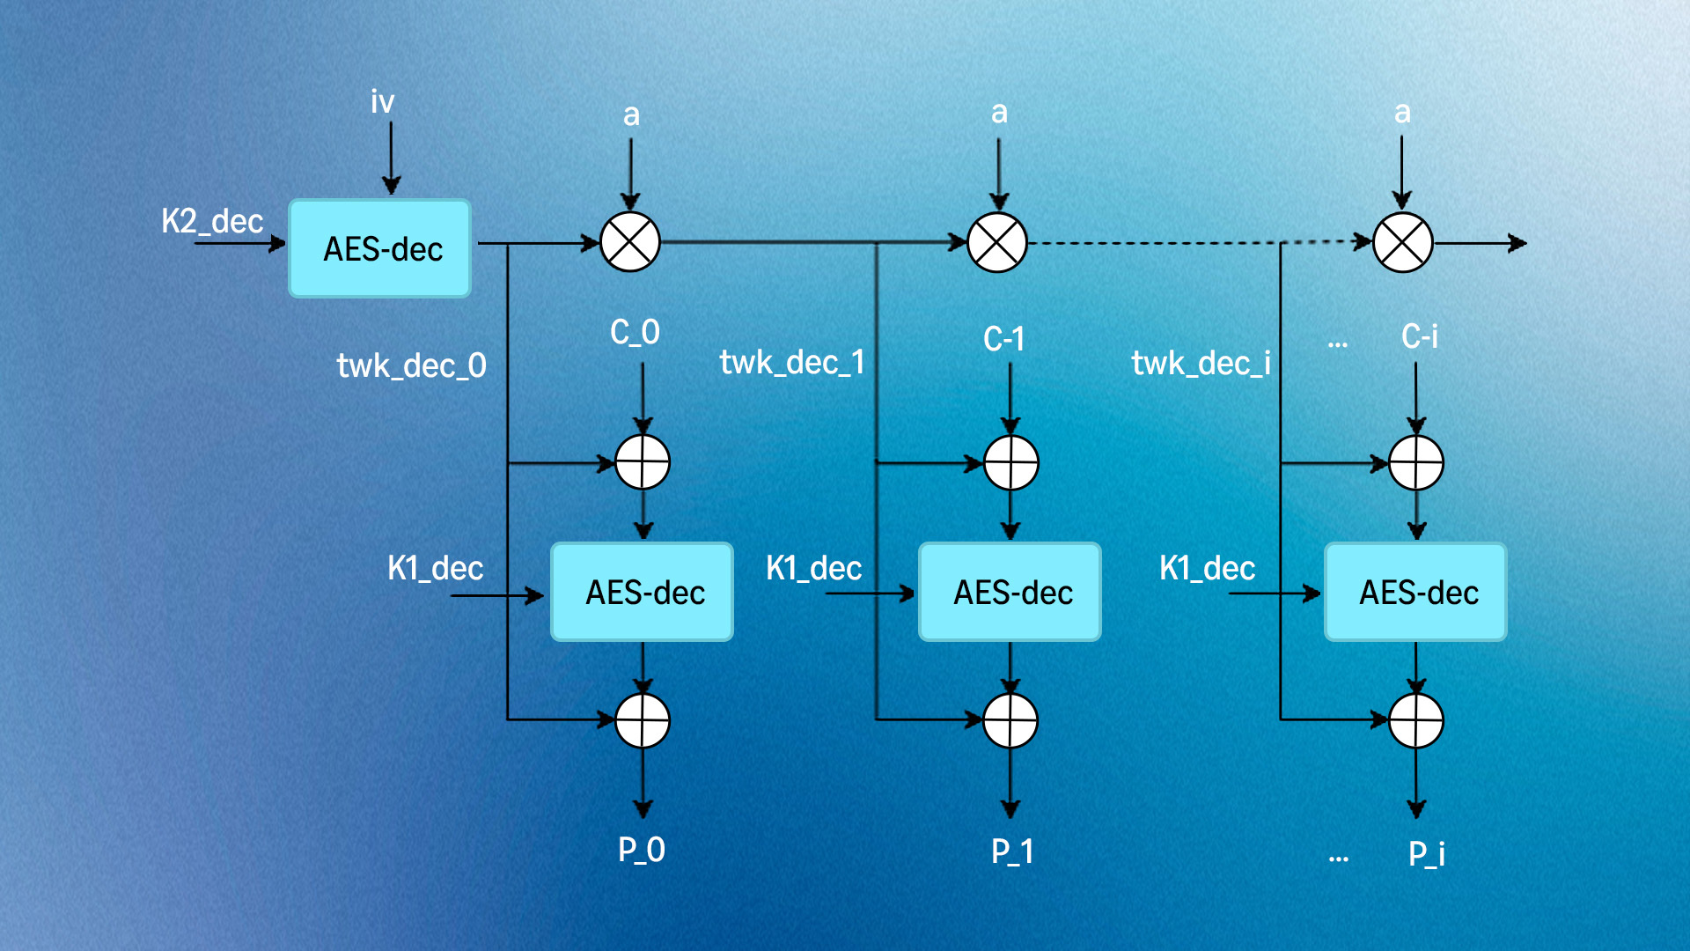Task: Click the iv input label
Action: (x=382, y=102)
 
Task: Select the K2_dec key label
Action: (x=212, y=221)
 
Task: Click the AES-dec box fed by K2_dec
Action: (x=380, y=248)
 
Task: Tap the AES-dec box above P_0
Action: (x=643, y=592)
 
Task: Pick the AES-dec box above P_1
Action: (x=1010, y=592)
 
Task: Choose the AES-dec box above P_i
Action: (x=1416, y=592)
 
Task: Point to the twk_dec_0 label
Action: (x=411, y=365)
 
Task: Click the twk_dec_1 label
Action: (x=792, y=362)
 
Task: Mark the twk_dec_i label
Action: (x=1201, y=363)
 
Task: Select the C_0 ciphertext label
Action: (x=635, y=333)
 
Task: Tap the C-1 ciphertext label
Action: (x=1003, y=339)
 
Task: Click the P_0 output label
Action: (x=642, y=850)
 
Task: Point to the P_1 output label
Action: (x=1012, y=851)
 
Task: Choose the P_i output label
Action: (x=1427, y=853)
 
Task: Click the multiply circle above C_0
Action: (x=630, y=242)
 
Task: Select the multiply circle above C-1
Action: (x=997, y=242)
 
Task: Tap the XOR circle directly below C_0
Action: (x=643, y=462)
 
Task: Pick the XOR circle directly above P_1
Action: (x=1010, y=720)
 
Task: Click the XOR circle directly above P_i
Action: (x=1416, y=720)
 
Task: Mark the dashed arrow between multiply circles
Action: (x=1197, y=242)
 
